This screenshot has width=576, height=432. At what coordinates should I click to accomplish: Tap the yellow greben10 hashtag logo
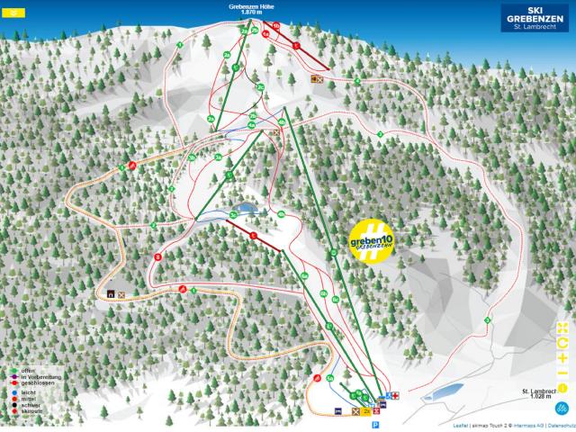point(372,241)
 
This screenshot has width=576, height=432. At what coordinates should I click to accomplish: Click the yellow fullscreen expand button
point(562,327)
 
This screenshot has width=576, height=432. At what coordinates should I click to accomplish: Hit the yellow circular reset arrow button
point(562,342)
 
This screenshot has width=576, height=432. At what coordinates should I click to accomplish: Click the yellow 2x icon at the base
point(366,411)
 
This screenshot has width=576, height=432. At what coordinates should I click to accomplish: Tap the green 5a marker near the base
point(330,378)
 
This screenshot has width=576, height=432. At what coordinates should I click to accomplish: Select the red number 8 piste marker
point(158,257)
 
